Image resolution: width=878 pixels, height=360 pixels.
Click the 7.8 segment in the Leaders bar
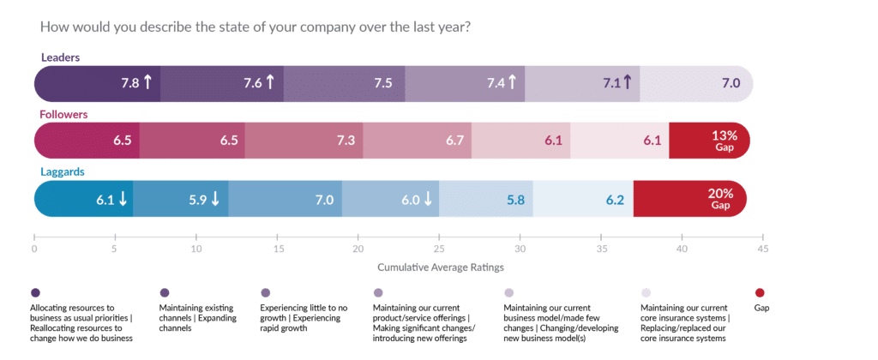tap(97, 82)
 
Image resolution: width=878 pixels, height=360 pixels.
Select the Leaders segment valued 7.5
tap(344, 82)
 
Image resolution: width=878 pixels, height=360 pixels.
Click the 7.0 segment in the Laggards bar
tap(286, 199)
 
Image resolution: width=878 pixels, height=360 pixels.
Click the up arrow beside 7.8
tap(147, 82)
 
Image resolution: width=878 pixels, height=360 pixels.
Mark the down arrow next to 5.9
tap(215, 199)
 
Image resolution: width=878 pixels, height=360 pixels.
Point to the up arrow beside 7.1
tap(627, 82)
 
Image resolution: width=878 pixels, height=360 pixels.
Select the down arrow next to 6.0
tap(427, 199)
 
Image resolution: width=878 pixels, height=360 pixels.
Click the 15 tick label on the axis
tap(277, 249)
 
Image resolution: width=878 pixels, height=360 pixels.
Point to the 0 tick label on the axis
tap(34, 249)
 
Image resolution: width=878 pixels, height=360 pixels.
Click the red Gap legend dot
tap(758, 291)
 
